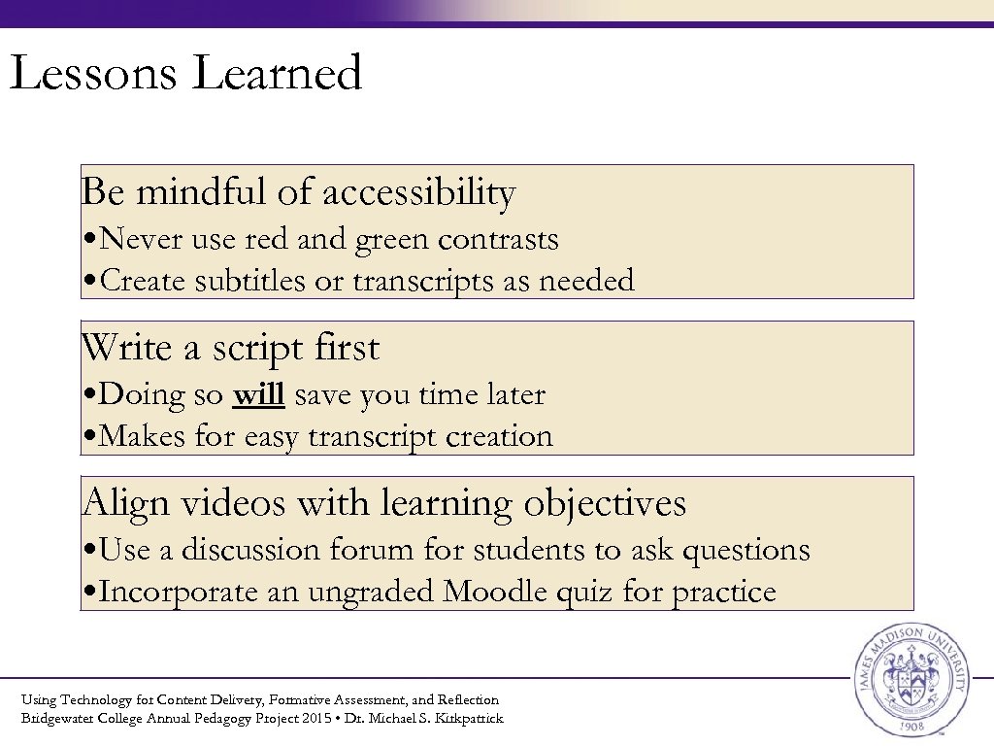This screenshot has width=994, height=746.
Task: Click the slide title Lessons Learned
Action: coord(185,74)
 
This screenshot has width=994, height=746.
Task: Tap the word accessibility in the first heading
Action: coord(418,192)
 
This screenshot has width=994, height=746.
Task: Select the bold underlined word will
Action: coord(258,394)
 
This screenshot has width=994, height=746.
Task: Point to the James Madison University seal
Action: coord(910,679)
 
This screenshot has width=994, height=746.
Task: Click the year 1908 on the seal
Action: coord(910,726)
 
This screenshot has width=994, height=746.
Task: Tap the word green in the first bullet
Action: coord(394,239)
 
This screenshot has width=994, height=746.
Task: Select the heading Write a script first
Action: coord(231,348)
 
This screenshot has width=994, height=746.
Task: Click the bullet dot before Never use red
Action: coord(88,240)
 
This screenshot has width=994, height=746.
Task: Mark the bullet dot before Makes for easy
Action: coord(88,437)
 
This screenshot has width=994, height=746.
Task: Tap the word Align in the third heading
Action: coord(113,503)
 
